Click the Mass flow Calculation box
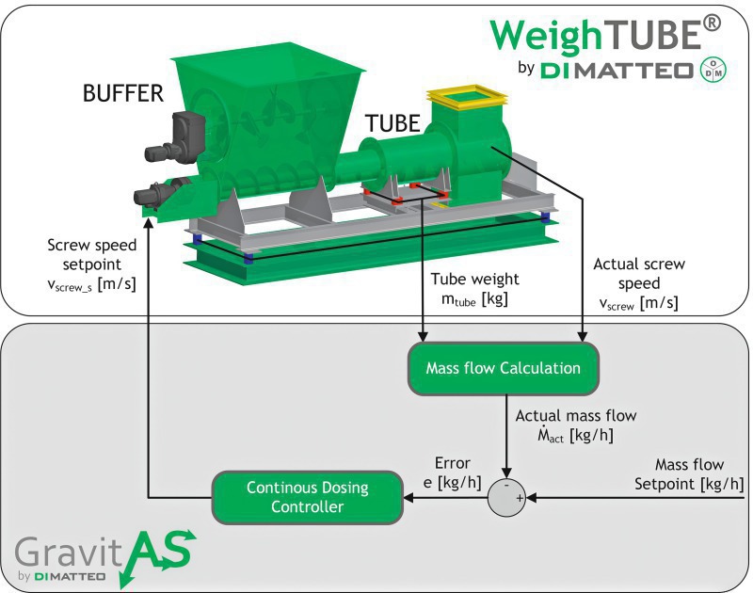pyautogui.click(x=503, y=368)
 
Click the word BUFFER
pyautogui.click(x=123, y=93)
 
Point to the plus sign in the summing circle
pyautogui.click(x=519, y=499)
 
